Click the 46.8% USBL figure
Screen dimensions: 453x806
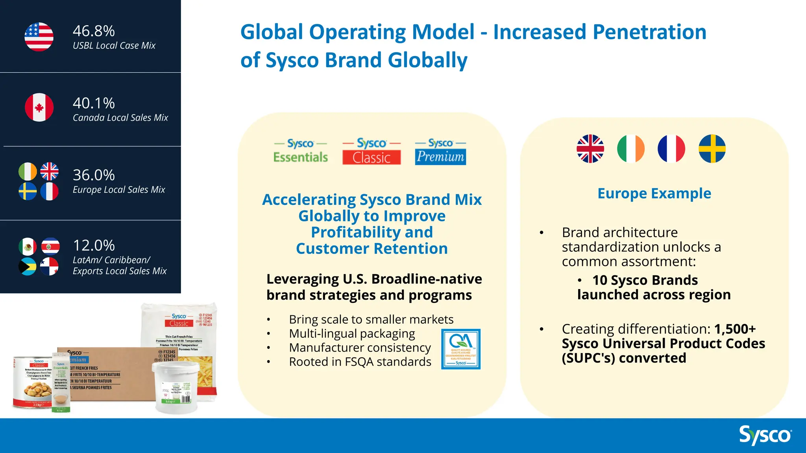tap(94, 31)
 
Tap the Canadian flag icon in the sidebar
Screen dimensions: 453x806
tap(39, 107)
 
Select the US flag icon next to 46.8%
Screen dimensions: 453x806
tap(39, 37)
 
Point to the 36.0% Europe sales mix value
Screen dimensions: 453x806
tap(94, 175)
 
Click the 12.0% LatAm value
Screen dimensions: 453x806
tap(94, 245)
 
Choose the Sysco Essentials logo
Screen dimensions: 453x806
tap(301, 151)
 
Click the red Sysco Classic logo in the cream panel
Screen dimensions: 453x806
tap(372, 151)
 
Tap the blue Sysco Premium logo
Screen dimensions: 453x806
tap(440, 151)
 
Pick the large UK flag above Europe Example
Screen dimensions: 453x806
tap(590, 149)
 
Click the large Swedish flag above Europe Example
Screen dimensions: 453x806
tap(712, 149)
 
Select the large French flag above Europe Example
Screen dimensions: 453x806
tap(671, 149)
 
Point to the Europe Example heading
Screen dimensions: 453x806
tap(654, 193)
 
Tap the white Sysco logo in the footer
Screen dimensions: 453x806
tap(765, 435)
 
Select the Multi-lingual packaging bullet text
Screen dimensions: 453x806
tap(352, 333)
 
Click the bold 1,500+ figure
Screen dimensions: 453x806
tap(735, 329)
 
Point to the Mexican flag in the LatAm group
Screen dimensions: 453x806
tap(28, 247)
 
